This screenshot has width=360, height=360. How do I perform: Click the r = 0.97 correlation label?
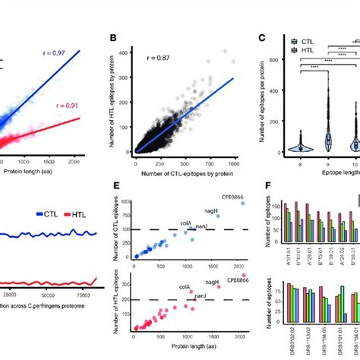pos(74,54)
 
